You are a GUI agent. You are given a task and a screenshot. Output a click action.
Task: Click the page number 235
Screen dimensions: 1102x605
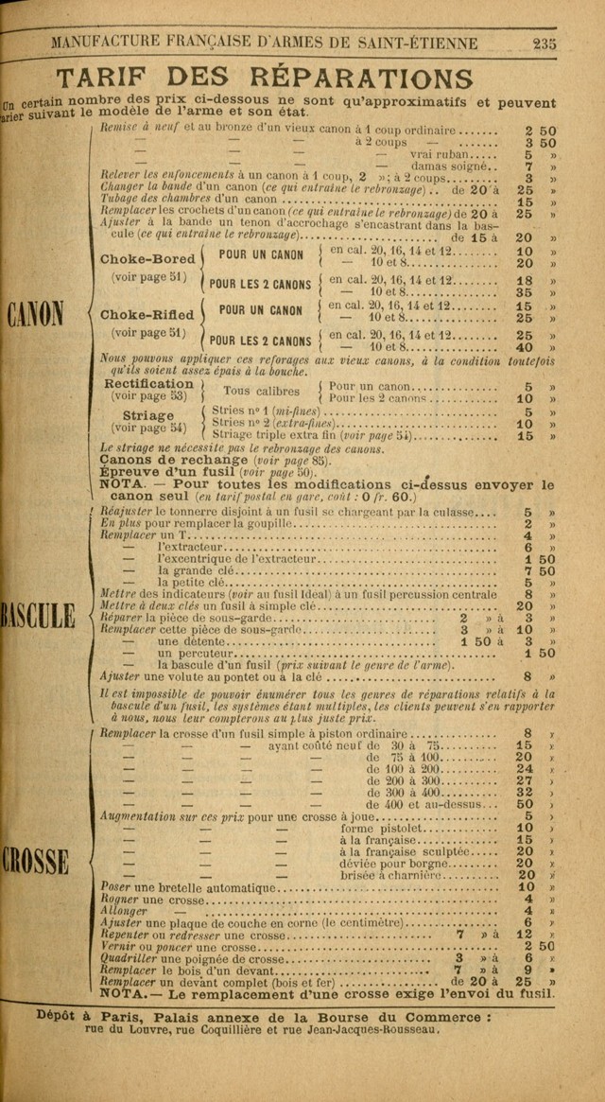click(x=545, y=43)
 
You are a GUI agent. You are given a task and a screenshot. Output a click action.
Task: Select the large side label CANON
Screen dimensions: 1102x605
click(x=36, y=313)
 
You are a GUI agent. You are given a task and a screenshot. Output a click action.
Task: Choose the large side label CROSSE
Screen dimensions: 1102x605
click(x=35, y=861)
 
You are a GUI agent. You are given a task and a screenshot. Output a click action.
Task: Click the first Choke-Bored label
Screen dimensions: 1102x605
click(x=148, y=259)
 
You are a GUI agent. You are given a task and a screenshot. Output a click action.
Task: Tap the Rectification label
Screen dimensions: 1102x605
click(x=148, y=384)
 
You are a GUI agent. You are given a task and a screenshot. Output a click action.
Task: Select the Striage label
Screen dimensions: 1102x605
click(x=148, y=415)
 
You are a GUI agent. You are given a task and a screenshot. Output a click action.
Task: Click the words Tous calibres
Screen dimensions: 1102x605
click(x=261, y=391)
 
